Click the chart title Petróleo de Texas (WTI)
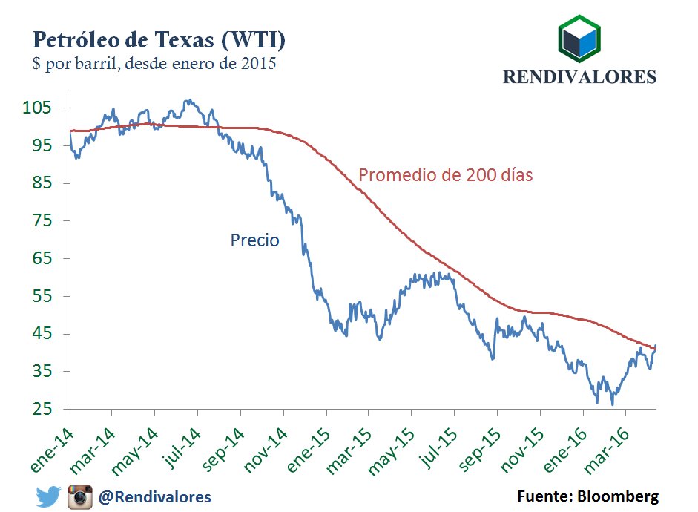point(157,39)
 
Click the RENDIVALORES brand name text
point(579,76)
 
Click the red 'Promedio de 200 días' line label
point(446,176)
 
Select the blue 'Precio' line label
point(254,240)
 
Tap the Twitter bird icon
point(48,496)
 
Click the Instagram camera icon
point(80,496)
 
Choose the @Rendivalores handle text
point(155,496)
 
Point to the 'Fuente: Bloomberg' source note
point(587,496)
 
